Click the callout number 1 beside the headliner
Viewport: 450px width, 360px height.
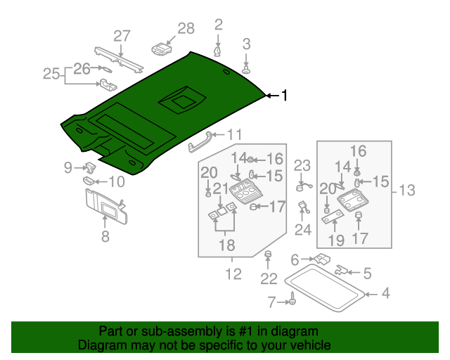pyautogui.click(x=285, y=96)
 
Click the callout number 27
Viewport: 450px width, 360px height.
pyautogui.click(x=122, y=37)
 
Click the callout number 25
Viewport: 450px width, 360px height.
pyautogui.click(x=51, y=73)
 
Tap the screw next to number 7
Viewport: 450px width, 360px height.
pyautogui.click(x=292, y=302)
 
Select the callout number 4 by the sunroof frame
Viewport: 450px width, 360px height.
pyautogui.click(x=385, y=293)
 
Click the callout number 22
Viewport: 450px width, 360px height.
pyautogui.click(x=269, y=279)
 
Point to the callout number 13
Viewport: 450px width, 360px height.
pyautogui.click(x=407, y=190)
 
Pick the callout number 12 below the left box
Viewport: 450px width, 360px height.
pyautogui.click(x=233, y=274)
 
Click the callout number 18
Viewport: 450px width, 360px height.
pyautogui.click(x=225, y=245)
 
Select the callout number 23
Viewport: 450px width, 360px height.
pyautogui.click(x=302, y=166)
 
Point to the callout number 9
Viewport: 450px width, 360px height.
pyautogui.click(x=68, y=167)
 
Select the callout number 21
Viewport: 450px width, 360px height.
pyautogui.click(x=221, y=188)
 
